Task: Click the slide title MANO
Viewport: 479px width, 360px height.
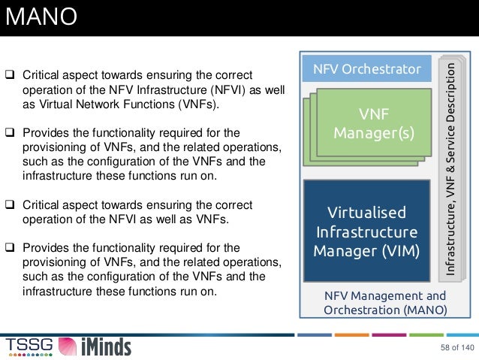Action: [41, 17]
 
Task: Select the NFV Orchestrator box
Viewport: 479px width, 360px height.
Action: [366, 70]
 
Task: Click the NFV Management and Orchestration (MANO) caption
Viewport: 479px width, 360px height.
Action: [384, 303]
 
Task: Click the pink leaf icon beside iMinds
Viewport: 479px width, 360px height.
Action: [68, 346]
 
